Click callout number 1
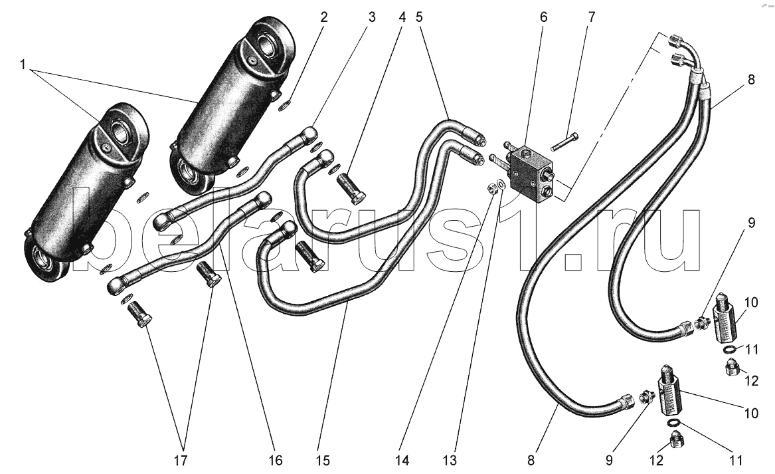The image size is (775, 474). pos(22,64)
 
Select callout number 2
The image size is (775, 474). pos(323,18)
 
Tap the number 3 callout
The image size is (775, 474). pos(372,18)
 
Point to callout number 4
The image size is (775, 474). pos(402,18)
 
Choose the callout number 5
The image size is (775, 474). pos(419,18)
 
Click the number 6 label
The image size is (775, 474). pos(544,18)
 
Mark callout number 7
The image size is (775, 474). pos(592,18)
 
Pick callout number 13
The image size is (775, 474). pos(450,461)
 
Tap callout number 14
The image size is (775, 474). pos(402,461)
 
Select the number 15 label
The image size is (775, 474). pos(322,461)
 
